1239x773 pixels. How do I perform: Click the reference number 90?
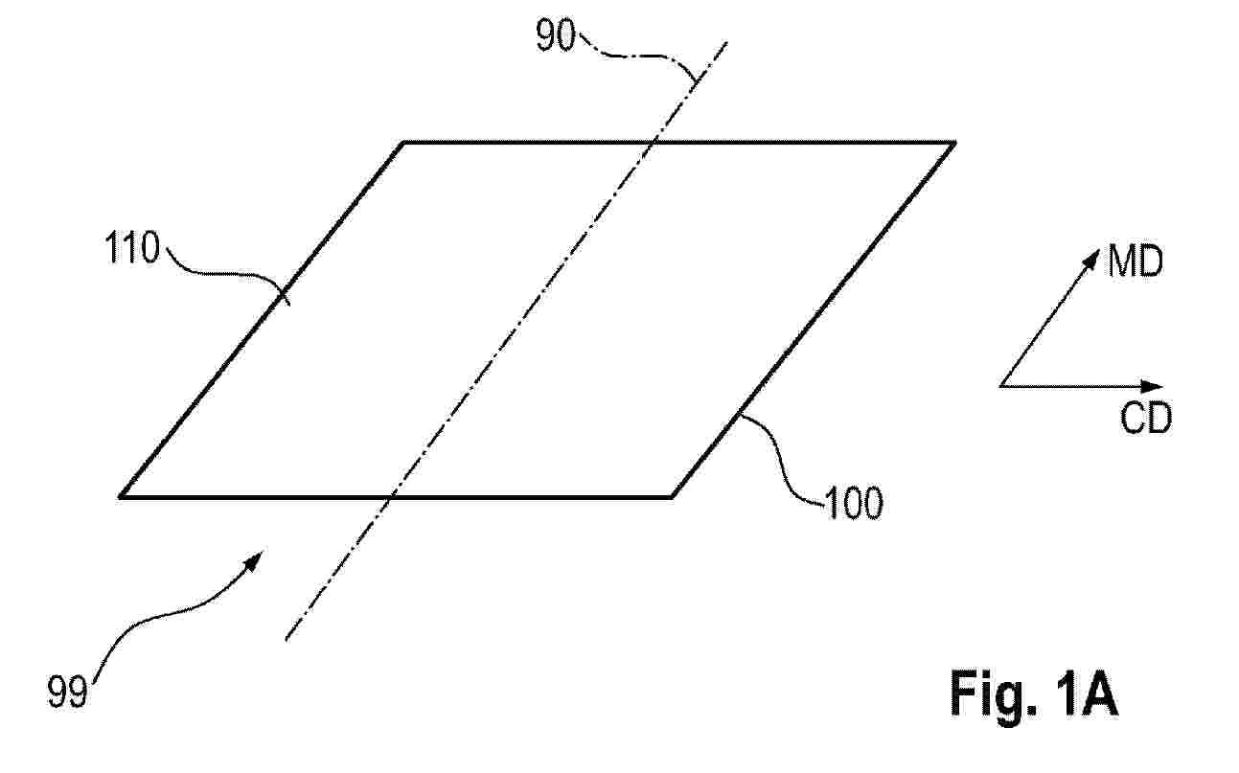pyautogui.click(x=556, y=35)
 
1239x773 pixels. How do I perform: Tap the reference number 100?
pyautogui.click(x=854, y=503)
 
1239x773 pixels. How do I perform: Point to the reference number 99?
pyautogui.click(x=67, y=692)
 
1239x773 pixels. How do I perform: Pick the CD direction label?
pyautogui.click(x=1146, y=418)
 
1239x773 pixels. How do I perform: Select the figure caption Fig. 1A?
pyautogui.click(x=1033, y=693)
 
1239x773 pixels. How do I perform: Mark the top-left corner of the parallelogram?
pyautogui.click(x=404, y=144)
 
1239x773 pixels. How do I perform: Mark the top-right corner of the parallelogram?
pyautogui.click(x=954, y=144)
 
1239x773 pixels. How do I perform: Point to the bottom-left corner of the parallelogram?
pyautogui.click(x=120, y=496)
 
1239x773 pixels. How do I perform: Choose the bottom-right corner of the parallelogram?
pyautogui.click(x=672, y=496)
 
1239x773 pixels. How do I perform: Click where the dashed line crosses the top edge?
pyautogui.click(x=654, y=144)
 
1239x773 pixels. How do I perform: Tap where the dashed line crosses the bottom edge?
pyautogui.click(x=390, y=496)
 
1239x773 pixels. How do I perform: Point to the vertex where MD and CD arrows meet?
pyautogui.click(x=1001, y=386)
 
